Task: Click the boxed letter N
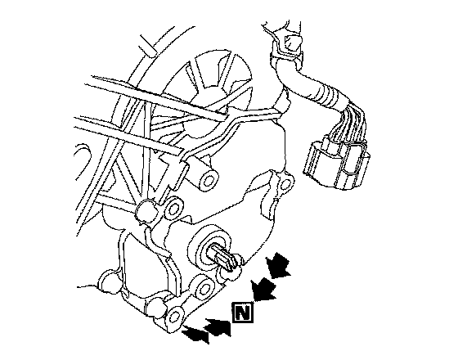[242, 313]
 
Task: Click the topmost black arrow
[277, 265]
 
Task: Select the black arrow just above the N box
[263, 289]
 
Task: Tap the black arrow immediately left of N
[218, 327]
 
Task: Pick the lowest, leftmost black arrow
[195, 335]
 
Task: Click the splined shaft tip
[225, 258]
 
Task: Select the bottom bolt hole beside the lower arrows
[175, 317]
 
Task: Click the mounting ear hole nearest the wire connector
[285, 183]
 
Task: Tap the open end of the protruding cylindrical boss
[209, 179]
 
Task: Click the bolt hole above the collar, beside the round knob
[173, 209]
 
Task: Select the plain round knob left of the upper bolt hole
[146, 210]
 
